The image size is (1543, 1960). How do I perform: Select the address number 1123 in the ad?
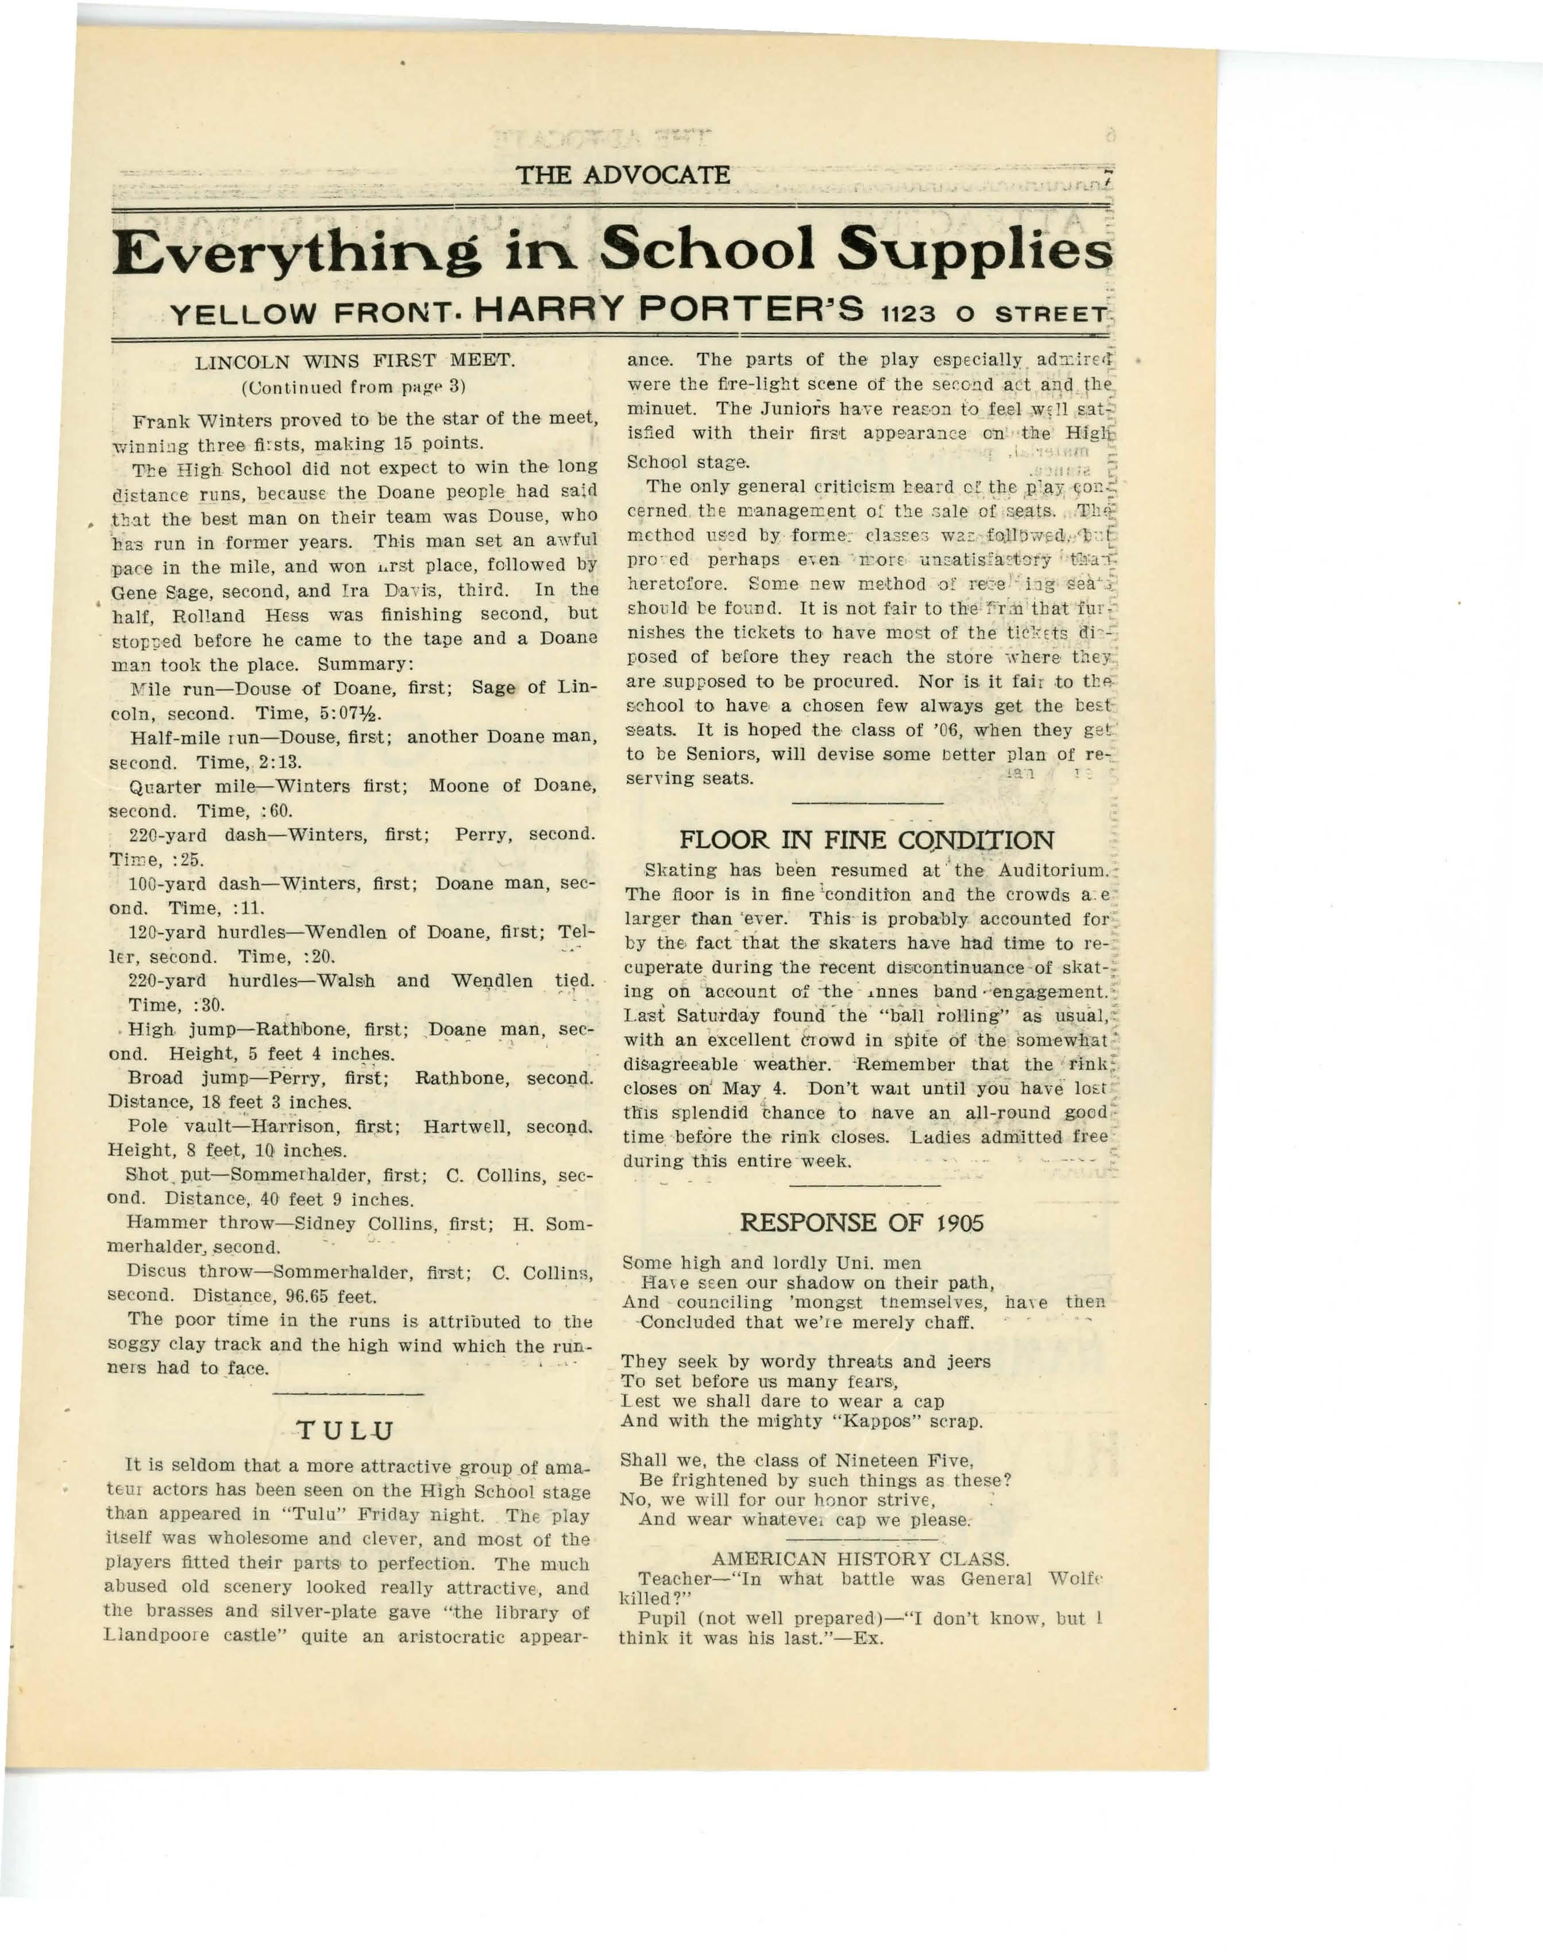pyautogui.click(x=912, y=314)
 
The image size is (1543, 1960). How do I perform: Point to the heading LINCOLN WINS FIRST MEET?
pyautogui.click(x=355, y=362)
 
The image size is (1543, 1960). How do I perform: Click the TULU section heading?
pyautogui.click(x=346, y=1431)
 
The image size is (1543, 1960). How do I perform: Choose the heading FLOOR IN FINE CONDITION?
pyautogui.click(x=866, y=840)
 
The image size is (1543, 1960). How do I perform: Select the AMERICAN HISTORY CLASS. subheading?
pyautogui.click(x=860, y=1559)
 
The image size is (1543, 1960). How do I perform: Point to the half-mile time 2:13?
pyautogui.click(x=279, y=762)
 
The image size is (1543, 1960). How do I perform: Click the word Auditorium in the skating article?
pyautogui.click(x=1052, y=871)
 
